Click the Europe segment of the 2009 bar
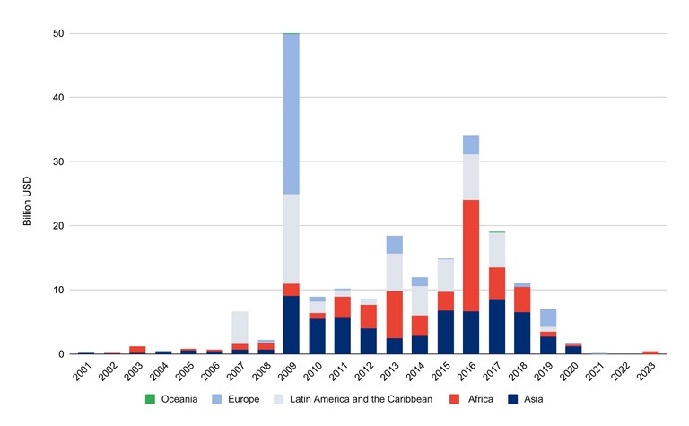pyautogui.click(x=291, y=114)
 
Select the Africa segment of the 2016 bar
pyautogui.click(x=471, y=256)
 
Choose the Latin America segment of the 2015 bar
pyautogui.click(x=445, y=275)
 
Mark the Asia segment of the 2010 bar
pyautogui.click(x=317, y=336)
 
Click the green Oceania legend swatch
pyautogui.click(x=151, y=399)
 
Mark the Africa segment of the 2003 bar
pyautogui.click(x=136, y=350)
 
